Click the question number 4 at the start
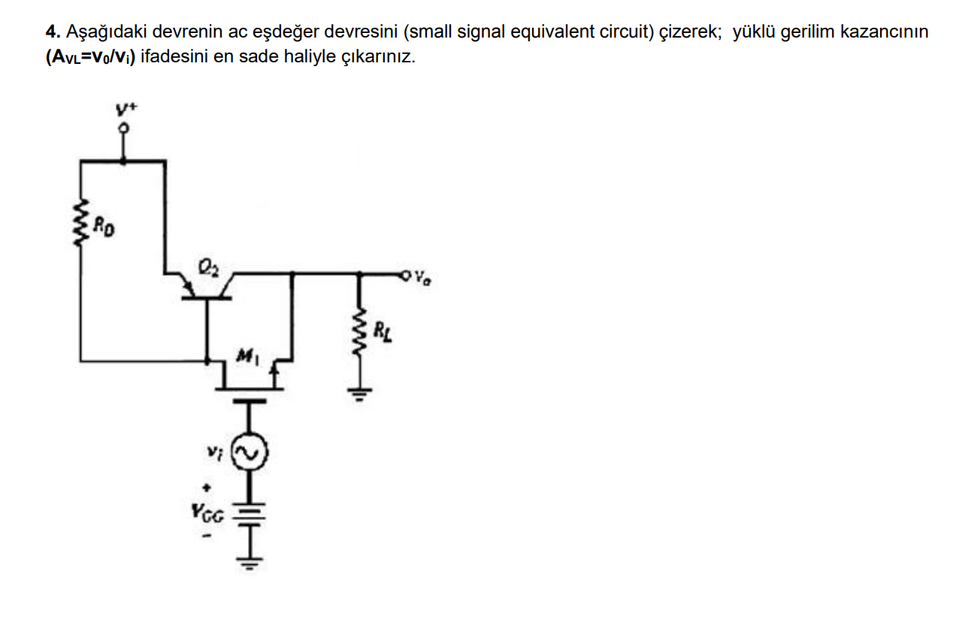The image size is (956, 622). point(50,32)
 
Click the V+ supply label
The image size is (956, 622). point(124,109)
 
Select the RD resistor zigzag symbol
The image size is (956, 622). point(80,222)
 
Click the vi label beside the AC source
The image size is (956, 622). point(215,453)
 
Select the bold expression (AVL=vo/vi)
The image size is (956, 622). point(89,58)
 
